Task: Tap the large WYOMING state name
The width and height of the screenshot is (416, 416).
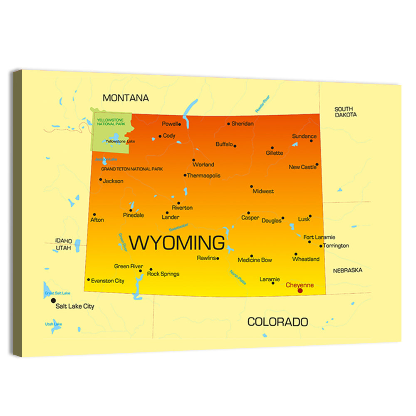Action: (x=177, y=243)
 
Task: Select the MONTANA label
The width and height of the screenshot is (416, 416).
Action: (x=126, y=98)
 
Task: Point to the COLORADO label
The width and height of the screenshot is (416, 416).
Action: (x=278, y=322)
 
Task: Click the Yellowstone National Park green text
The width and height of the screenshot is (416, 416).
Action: (x=110, y=122)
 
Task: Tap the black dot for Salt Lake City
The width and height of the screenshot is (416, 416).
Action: (x=53, y=300)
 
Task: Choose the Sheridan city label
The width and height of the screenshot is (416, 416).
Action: (x=243, y=124)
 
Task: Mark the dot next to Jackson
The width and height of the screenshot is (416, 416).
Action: (x=101, y=180)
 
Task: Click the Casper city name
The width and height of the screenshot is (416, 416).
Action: (x=250, y=218)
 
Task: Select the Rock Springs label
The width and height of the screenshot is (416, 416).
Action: (x=163, y=274)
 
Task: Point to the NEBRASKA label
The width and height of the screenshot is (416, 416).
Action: (x=347, y=270)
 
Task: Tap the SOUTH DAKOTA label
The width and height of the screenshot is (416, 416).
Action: (x=346, y=112)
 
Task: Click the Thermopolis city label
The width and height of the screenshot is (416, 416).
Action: (x=204, y=176)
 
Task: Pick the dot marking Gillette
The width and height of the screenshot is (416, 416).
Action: (x=272, y=148)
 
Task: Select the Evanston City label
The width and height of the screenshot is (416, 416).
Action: (x=108, y=281)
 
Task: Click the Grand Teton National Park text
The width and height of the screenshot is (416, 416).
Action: (x=132, y=169)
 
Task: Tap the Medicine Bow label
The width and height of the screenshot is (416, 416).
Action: (x=255, y=260)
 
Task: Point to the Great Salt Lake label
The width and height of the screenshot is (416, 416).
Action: (x=57, y=293)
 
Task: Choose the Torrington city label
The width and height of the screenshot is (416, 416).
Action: (x=336, y=246)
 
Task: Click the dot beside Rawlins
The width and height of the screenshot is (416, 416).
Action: (x=218, y=258)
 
